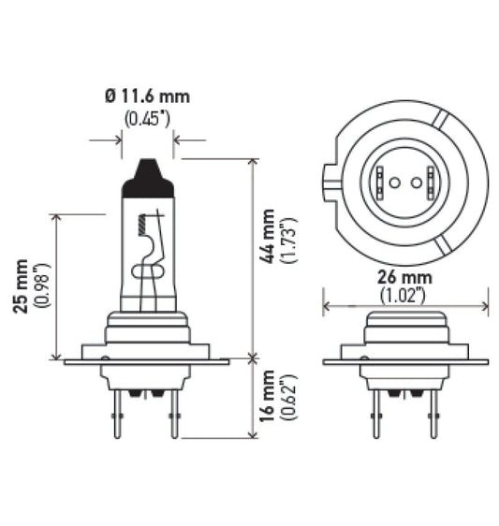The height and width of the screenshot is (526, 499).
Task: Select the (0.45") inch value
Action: (x=147, y=117)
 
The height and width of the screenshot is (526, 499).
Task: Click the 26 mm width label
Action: (x=404, y=278)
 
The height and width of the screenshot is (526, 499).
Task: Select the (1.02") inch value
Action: (x=404, y=295)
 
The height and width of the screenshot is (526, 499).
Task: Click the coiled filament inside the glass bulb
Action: (x=141, y=225)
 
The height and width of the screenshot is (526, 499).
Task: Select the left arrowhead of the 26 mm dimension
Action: (x=327, y=304)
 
